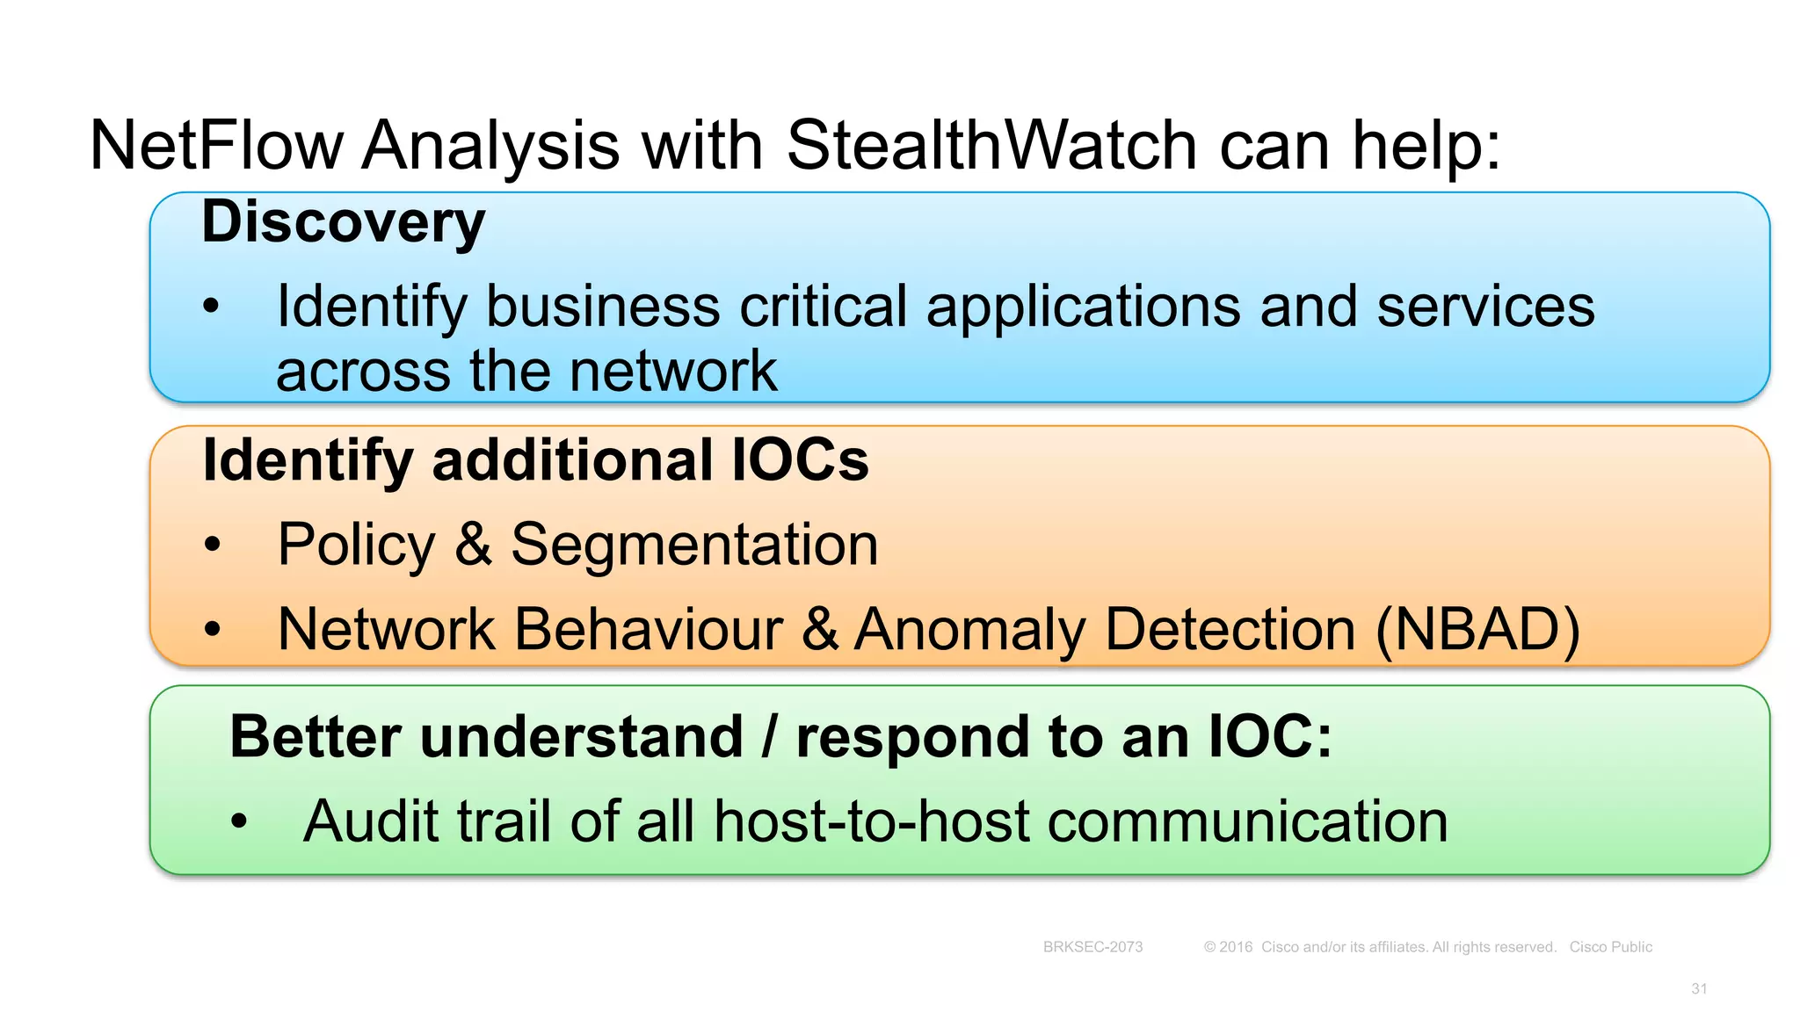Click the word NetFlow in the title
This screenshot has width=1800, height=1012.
pyautogui.click(x=216, y=145)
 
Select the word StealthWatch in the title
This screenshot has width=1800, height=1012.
pyautogui.click(x=991, y=145)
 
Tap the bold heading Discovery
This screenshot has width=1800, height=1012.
pyautogui.click(x=343, y=221)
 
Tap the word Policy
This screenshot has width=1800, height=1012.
pyautogui.click(x=356, y=545)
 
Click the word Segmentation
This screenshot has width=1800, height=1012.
pyautogui.click(x=694, y=545)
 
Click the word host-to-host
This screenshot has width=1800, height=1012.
pyautogui.click(x=872, y=821)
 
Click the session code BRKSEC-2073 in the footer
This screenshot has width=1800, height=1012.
pyautogui.click(x=1092, y=947)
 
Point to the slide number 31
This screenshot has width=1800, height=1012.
pyautogui.click(x=1699, y=988)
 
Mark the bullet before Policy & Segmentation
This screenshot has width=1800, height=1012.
pyautogui.click(x=212, y=546)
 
